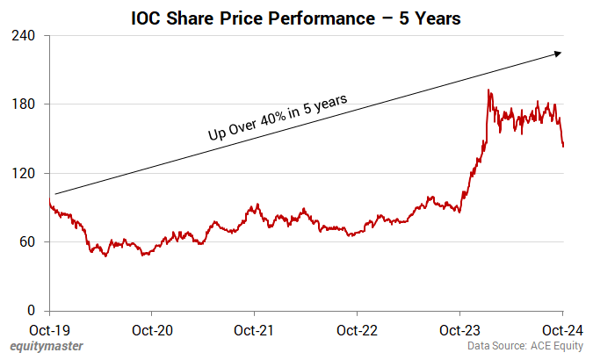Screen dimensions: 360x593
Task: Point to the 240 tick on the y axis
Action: (x=24, y=36)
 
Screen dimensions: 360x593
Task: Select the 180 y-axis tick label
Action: (x=24, y=104)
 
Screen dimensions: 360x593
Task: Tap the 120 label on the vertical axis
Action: (x=24, y=173)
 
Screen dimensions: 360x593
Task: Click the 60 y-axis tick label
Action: (x=27, y=241)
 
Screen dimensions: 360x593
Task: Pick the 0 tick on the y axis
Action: (x=31, y=311)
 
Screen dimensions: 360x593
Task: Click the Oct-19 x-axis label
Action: (x=49, y=332)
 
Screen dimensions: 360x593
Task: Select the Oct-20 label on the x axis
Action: (x=152, y=332)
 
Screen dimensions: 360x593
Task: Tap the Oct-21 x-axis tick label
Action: (x=254, y=332)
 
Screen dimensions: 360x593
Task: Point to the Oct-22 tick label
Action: (x=357, y=332)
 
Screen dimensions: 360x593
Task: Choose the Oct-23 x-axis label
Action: (x=459, y=332)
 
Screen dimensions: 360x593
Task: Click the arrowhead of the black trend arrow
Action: (x=558, y=54)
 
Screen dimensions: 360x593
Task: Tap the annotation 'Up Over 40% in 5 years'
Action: (x=278, y=117)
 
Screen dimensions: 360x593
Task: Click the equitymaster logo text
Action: (x=46, y=347)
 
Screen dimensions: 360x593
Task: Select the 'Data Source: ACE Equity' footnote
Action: (x=524, y=348)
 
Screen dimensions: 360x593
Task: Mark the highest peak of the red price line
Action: (x=488, y=90)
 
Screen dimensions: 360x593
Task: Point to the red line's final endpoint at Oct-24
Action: (x=563, y=146)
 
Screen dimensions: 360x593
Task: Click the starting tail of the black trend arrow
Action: (x=55, y=193)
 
